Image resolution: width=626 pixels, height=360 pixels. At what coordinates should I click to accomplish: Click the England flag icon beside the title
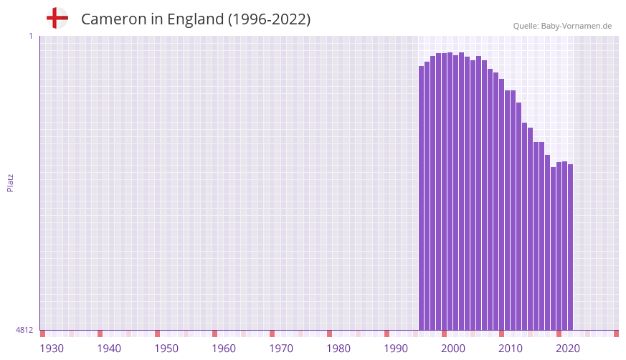(x=57, y=18)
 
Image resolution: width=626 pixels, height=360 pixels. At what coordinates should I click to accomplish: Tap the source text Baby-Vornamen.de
(x=576, y=26)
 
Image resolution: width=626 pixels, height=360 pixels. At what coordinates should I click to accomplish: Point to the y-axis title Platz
(x=10, y=182)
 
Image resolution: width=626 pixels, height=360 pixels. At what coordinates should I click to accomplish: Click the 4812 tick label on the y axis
(x=24, y=331)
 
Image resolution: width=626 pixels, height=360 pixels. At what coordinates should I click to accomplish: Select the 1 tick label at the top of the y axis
(x=30, y=36)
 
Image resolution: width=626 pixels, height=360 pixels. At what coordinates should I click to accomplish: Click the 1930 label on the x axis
(x=52, y=349)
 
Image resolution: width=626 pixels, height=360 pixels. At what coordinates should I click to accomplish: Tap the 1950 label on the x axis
(x=166, y=349)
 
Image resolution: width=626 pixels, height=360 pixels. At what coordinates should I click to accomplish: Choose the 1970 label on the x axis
(x=281, y=349)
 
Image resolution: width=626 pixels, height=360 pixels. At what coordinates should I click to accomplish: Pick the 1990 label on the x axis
(x=396, y=349)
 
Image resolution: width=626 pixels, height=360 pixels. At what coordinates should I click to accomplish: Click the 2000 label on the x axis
(x=453, y=349)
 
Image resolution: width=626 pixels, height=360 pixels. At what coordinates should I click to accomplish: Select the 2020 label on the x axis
(x=568, y=349)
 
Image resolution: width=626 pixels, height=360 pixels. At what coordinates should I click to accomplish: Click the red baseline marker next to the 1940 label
(x=100, y=333)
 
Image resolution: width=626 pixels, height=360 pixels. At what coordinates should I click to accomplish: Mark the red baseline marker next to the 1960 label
(x=215, y=333)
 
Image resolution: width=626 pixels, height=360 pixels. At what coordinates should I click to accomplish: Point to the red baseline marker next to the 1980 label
(x=330, y=333)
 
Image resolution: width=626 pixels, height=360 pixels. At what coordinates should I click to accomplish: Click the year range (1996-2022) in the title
(x=269, y=19)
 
